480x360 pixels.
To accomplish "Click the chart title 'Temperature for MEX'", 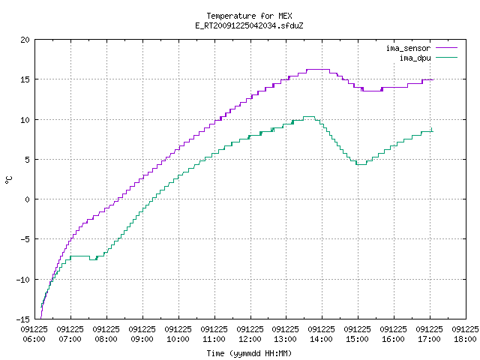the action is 249,16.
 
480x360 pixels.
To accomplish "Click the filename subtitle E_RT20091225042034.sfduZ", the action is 249,25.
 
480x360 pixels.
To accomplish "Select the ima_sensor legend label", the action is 408,48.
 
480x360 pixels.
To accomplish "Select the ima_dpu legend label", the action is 415,58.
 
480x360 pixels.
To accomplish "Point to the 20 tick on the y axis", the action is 25,40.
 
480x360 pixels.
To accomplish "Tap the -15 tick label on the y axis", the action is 23,319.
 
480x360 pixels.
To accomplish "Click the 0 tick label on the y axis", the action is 27,199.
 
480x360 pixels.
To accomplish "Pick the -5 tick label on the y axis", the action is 25,239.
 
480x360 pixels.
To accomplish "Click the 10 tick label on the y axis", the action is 25,120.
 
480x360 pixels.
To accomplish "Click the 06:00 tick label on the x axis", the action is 34,339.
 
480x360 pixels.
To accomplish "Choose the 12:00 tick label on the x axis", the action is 250,339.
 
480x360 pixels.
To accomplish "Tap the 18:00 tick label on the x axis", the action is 465,339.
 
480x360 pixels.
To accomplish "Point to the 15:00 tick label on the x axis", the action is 358,339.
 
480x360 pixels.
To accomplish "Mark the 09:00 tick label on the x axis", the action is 142,339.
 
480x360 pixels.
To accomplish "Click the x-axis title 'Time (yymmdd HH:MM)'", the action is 249,353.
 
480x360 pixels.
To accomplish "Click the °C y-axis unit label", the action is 8,180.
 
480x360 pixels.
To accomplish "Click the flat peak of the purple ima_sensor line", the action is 318,70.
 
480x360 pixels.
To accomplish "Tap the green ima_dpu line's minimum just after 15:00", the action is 361,165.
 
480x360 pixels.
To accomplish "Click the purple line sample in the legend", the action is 446,48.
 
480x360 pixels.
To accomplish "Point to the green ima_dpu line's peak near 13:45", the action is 308,117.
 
